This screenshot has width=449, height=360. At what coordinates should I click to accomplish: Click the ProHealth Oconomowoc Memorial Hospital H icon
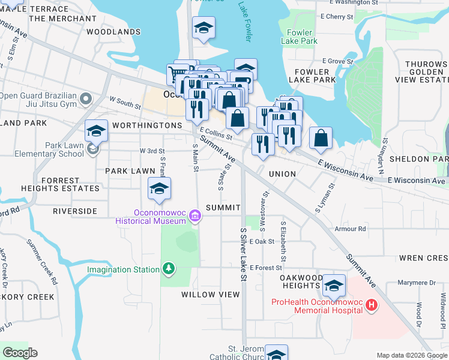coord(372,305)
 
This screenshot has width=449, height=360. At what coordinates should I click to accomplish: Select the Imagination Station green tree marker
coord(170,268)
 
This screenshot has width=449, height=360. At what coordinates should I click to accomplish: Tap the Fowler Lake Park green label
coord(300,37)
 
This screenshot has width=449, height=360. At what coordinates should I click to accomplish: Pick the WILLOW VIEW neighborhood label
coord(211,295)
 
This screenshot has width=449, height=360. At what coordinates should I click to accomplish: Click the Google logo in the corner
coord(20,353)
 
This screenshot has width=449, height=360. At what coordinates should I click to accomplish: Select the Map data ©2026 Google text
coord(411,355)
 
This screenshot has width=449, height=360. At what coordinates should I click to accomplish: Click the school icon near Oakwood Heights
coord(334,286)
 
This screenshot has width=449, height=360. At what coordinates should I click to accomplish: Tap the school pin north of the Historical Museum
coord(159,189)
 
